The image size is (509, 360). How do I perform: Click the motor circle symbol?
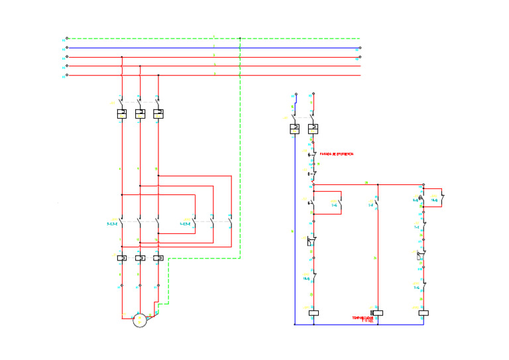click(x=139, y=320)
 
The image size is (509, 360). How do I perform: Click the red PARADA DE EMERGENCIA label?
click(x=337, y=154)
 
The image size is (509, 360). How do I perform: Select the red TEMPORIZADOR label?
click(x=363, y=318)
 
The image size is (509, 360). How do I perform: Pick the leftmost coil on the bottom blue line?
click(x=313, y=312)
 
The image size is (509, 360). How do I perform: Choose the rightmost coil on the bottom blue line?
click(x=424, y=312)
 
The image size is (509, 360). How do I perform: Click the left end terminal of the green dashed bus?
click(x=67, y=38)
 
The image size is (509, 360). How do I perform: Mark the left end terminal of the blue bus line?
click(x=67, y=48)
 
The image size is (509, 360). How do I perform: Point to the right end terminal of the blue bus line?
click(x=360, y=48)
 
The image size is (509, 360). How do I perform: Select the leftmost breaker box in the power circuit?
click(x=122, y=114)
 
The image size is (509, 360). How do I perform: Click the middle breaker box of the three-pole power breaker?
click(x=140, y=114)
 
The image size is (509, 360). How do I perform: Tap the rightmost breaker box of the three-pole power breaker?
click(x=158, y=114)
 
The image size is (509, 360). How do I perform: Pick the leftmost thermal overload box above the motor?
click(x=122, y=257)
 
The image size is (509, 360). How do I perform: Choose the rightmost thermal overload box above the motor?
click(x=158, y=257)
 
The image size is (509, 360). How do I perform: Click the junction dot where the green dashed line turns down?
click(x=240, y=38)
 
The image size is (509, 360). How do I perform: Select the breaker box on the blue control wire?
click(x=294, y=129)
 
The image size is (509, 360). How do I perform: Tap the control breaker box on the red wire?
click(x=313, y=129)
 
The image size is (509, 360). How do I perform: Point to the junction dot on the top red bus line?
click(x=122, y=57)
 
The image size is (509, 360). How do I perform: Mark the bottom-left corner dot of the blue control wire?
click(x=294, y=324)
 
